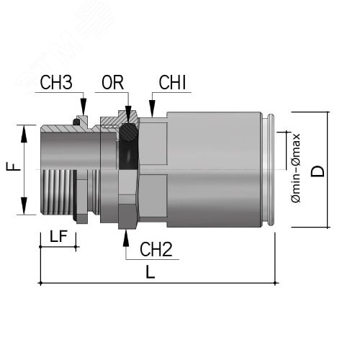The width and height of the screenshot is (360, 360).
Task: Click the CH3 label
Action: pos(55,83)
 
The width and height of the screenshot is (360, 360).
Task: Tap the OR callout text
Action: pos(113,83)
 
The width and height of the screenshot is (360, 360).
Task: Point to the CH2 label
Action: pos(156,250)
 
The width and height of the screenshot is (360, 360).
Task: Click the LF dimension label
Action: pos(59,235)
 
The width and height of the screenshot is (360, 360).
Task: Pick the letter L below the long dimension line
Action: pos(150,273)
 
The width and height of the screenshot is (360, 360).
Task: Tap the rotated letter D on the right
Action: pos(318,170)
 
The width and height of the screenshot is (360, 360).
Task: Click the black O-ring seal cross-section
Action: pos(130,131)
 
